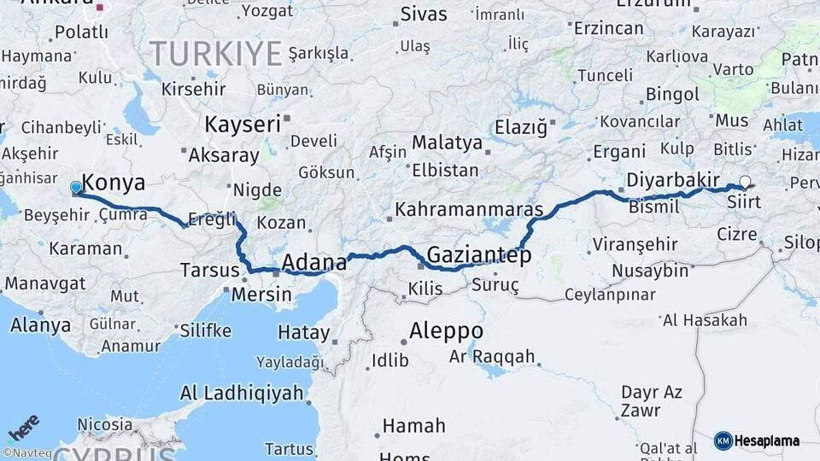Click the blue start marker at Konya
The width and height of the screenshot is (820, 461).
[76, 187]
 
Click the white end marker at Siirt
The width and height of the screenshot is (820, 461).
[746, 182]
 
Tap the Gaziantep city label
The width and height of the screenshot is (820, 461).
[478, 254]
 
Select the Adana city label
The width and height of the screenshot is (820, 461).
[313, 261]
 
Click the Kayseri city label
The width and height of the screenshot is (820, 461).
[243, 125]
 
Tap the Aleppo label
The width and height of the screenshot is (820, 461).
[446, 330]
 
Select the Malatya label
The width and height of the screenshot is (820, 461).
[447, 143]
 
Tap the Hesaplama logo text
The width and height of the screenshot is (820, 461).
[766, 441]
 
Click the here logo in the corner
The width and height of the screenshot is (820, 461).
[24, 427]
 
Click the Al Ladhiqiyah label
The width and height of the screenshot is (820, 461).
[242, 394]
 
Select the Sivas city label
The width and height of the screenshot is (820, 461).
[424, 15]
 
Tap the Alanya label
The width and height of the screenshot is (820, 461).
[41, 325]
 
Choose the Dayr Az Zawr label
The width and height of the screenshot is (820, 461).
[651, 400]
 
